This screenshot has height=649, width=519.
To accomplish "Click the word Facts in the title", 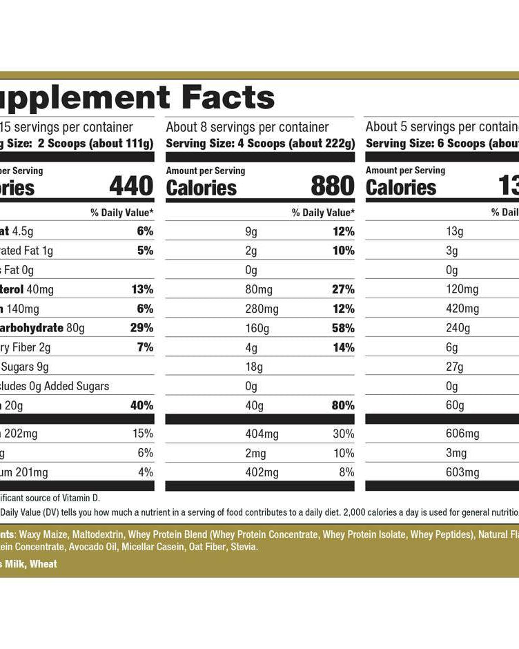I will tap(228, 97).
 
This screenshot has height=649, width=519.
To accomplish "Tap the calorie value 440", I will tap(131, 186).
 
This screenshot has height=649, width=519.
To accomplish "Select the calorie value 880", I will tap(332, 186).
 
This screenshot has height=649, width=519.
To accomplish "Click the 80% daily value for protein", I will tap(342, 405).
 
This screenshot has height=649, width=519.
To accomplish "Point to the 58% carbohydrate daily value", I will tap(342, 328).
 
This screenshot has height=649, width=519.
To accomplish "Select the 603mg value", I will tap(462, 472).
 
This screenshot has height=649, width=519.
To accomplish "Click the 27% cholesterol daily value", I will tap(342, 289).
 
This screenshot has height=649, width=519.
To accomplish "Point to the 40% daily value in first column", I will tap(141, 405).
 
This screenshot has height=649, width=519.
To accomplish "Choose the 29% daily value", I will tap(141, 328).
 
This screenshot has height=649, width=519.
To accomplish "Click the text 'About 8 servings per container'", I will tap(247, 127).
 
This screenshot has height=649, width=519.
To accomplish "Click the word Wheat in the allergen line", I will tap(43, 564).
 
